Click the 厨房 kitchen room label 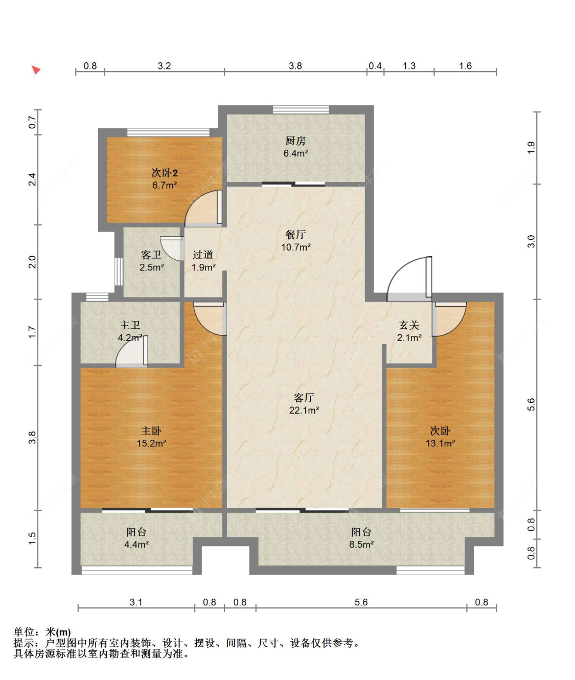[295, 141]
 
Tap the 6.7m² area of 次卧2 [165, 185]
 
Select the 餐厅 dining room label [295, 235]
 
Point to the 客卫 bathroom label [151, 255]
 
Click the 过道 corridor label [203, 255]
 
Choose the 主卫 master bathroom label [130, 325]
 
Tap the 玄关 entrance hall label [409, 325]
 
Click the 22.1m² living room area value [304, 410]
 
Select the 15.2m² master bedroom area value [151, 443]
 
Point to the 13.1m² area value [440, 443]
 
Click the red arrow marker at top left [36, 70]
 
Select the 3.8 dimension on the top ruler [295, 66]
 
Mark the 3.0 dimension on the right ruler [531, 241]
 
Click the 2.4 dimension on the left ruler [32, 179]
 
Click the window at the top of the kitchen [301, 109]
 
